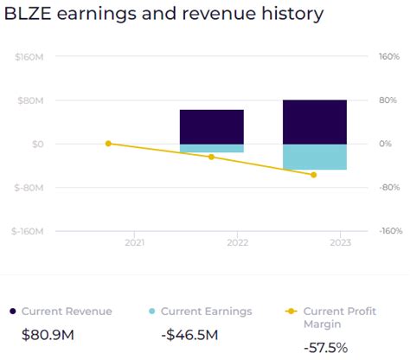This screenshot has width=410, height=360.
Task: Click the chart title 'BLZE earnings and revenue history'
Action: click(x=164, y=15)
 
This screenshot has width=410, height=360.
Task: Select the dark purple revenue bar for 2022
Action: click(x=211, y=126)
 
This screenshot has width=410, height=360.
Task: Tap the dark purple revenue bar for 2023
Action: click(x=314, y=122)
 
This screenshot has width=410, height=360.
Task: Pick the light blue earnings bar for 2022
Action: click(x=211, y=148)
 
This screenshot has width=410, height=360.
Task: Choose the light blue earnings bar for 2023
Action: click(x=314, y=157)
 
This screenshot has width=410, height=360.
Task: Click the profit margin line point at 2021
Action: click(x=108, y=144)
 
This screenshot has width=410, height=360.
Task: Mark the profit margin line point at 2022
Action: click(x=211, y=157)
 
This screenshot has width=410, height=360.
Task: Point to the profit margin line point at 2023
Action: click(x=314, y=175)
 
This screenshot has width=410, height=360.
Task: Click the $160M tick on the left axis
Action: click(x=29, y=56)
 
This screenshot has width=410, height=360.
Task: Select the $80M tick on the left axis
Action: click(x=31, y=100)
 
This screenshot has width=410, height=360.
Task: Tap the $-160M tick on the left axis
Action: click(x=29, y=231)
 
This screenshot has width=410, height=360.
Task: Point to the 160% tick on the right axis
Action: click(x=389, y=56)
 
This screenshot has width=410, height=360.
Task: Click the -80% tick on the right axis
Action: click(x=389, y=188)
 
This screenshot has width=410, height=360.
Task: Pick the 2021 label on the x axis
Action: click(x=134, y=244)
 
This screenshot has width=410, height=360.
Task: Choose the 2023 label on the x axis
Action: click(x=339, y=244)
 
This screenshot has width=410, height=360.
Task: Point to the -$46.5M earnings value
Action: click(x=189, y=335)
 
